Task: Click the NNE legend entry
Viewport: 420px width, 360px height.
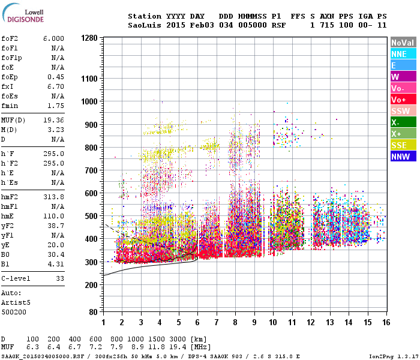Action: tap(403, 54)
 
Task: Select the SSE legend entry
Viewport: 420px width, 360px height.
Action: tap(403, 145)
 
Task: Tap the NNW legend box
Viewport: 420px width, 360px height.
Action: tap(403, 157)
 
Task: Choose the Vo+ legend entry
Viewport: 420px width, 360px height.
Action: tap(403, 100)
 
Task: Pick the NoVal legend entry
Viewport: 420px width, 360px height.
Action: tap(403, 43)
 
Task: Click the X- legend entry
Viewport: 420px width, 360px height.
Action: tap(403, 122)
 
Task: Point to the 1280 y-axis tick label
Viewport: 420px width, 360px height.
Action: tap(88, 38)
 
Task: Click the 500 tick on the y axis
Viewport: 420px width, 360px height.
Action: tap(91, 216)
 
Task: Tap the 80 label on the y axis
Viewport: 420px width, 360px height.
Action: tap(93, 313)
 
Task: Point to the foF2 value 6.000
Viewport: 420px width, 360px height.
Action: tap(53, 38)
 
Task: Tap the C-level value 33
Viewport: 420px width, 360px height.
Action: tap(59, 278)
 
